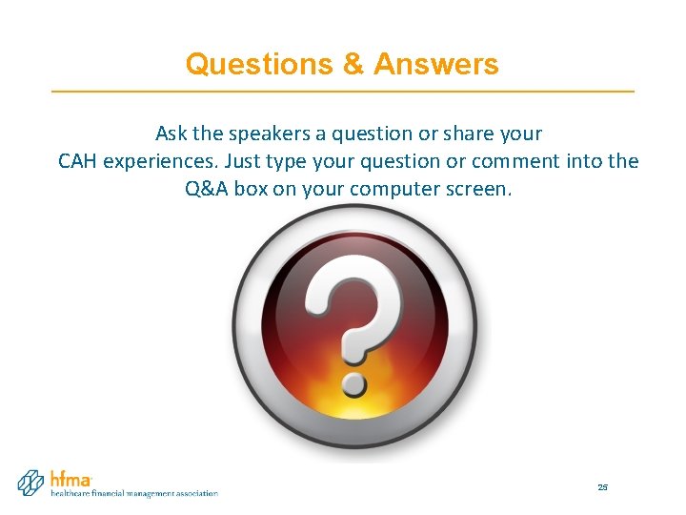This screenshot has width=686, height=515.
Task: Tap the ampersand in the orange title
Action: [x=353, y=64]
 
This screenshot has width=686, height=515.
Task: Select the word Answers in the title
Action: [x=435, y=64]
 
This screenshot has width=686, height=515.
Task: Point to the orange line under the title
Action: [x=343, y=91]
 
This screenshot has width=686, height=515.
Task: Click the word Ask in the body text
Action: [x=171, y=134]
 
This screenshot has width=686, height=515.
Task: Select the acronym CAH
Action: [x=78, y=161]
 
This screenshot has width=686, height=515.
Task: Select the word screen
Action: [x=476, y=189]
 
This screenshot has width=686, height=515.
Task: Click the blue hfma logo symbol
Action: [x=31, y=482]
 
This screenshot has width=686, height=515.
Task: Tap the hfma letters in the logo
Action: [x=71, y=480]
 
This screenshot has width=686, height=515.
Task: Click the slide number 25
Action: [x=602, y=487]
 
